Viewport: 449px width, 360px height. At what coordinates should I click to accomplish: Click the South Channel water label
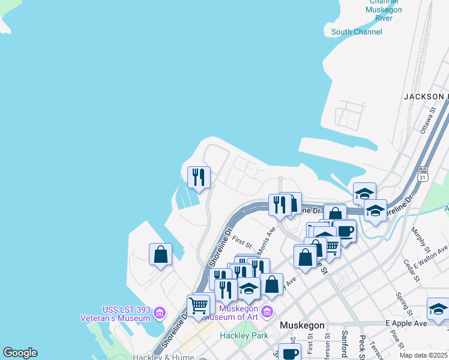[x=356, y=32]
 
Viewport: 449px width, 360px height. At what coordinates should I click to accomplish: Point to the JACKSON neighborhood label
[x=426, y=96]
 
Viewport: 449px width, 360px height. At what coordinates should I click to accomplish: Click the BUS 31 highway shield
[x=423, y=173]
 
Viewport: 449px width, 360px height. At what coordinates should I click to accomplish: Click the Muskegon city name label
[x=303, y=325]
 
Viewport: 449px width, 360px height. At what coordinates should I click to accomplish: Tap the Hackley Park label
[x=244, y=335]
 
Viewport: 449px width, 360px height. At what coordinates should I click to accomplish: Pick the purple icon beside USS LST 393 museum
[x=159, y=312]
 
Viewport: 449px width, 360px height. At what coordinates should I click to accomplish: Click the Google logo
[x=20, y=353]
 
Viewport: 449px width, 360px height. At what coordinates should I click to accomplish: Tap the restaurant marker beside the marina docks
[x=199, y=177]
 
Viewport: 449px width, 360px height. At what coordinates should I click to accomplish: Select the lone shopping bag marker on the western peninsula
[x=160, y=254]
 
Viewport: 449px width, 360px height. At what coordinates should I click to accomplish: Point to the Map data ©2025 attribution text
[x=423, y=355]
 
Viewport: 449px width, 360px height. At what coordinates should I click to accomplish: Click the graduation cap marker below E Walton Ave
[x=438, y=309]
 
